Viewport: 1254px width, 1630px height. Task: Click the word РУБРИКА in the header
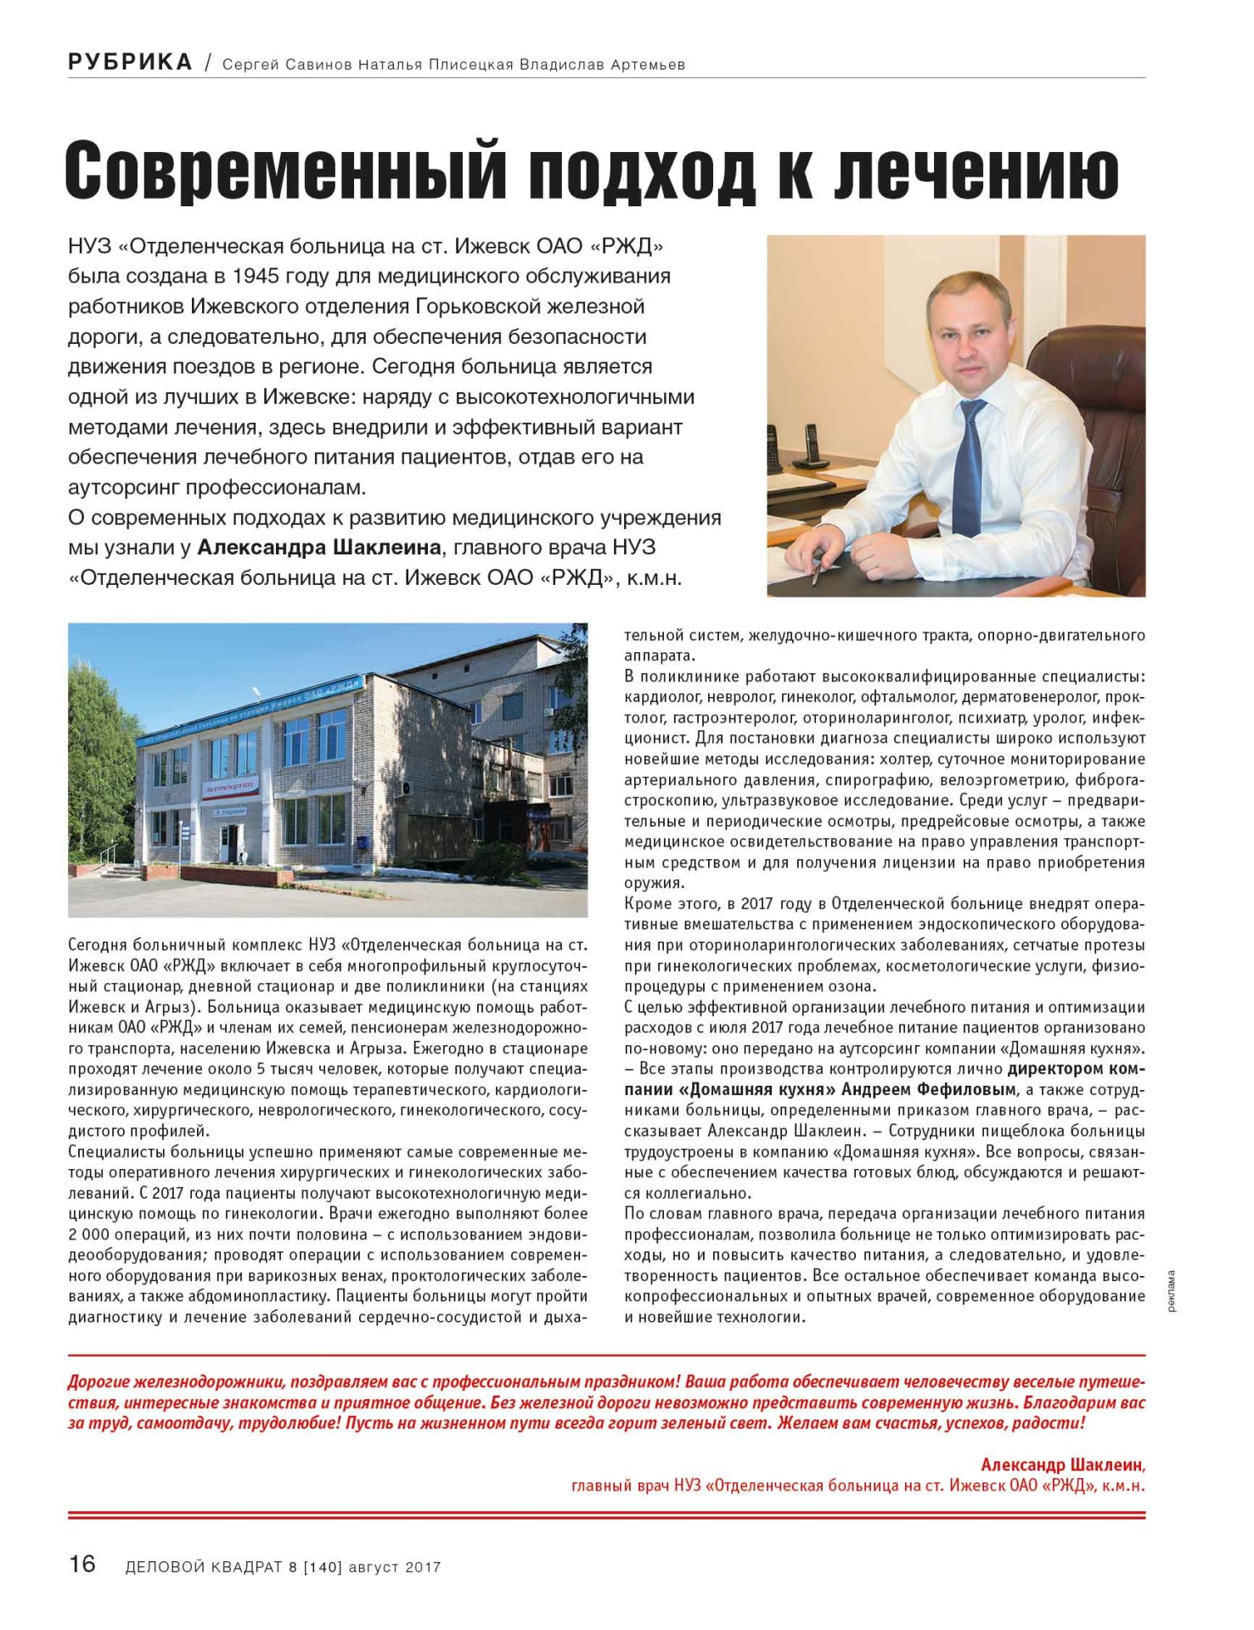[x=130, y=62]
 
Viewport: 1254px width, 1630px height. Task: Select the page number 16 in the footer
[x=82, y=1563]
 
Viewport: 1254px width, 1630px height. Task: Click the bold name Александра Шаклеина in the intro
[x=319, y=548]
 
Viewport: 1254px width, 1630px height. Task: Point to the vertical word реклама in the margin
[x=1172, y=1291]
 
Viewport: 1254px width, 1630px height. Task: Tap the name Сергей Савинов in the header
[x=287, y=65]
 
